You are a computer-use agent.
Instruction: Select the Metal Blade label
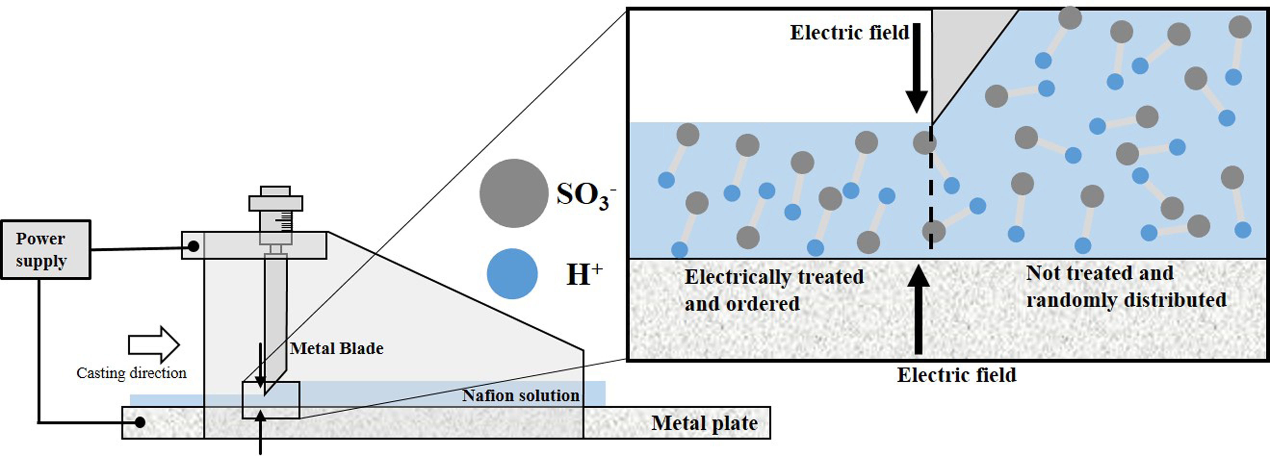point(337,349)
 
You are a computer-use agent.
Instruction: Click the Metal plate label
point(704,423)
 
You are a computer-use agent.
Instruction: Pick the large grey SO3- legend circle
point(514,193)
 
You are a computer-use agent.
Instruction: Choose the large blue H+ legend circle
point(512,273)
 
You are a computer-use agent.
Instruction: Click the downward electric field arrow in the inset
point(916,69)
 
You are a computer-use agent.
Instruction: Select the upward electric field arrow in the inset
point(918,310)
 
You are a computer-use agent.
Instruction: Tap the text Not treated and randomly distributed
point(1126,287)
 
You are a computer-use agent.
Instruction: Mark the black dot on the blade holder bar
point(194,246)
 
